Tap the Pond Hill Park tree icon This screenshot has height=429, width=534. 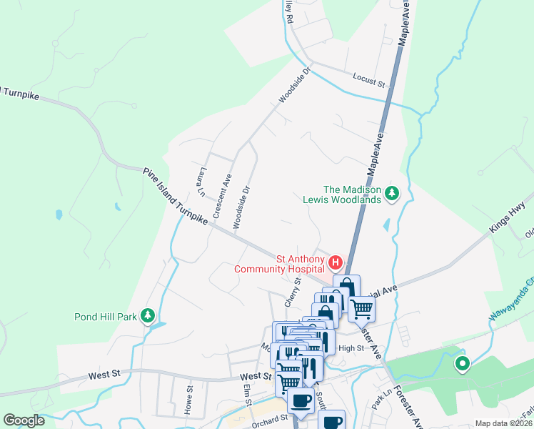148,315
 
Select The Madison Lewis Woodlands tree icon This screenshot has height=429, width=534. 391,193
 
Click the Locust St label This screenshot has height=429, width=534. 369,79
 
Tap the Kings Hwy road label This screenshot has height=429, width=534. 507,221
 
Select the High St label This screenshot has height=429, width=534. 351,348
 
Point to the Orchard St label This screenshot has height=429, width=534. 269,420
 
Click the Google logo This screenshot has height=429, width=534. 24,420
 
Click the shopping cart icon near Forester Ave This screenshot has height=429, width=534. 362,308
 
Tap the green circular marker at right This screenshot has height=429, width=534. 462,365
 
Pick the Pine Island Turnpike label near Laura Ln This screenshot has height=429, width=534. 175,197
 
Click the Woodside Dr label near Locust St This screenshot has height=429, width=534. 296,85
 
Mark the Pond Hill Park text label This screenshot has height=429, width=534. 106,316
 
